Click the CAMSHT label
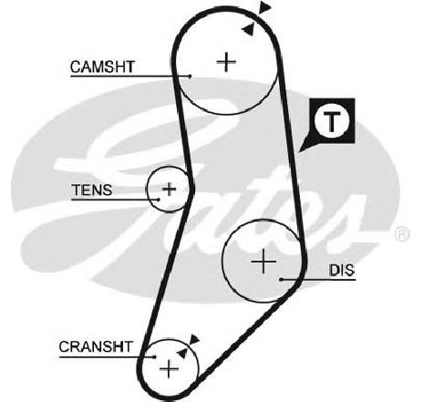pyautogui.click(x=102, y=67)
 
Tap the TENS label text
pyautogui.click(x=92, y=190)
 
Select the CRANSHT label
pyautogui.click(x=96, y=346)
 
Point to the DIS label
pyautogui.click(x=342, y=270)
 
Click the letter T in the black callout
pyautogui.click(x=332, y=121)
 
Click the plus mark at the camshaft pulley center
pyautogui.click(x=226, y=62)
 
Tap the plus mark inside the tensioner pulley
pyautogui.click(x=170, y=190)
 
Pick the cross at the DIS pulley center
pyautogui.click(x=263, y=261)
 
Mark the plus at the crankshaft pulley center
pyautogui.click(x=169, y=369)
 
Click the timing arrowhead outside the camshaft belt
pyautogui.click(x=264, y=7)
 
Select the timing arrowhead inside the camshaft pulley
pyautogui.click(x=248, y=29)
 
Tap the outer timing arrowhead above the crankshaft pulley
pyautogui.click(x=194, y=339)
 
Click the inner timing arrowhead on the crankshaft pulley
pyautogui.click(x=182, y=353)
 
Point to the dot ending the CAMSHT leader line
pyautogui.click(x=190, y=76)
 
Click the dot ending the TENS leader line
pyautogui.click(x=159, y=200)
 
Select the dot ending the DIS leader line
pyautogui.click(x=282, y=279)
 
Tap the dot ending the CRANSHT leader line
pyautogui.click(x=155, y=356)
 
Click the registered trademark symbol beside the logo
pyautogui.click(x=402, y=234)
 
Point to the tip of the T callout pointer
pyautogui.click(x=299, y=151)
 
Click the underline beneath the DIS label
pyautogui.click(x=318, y=279)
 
